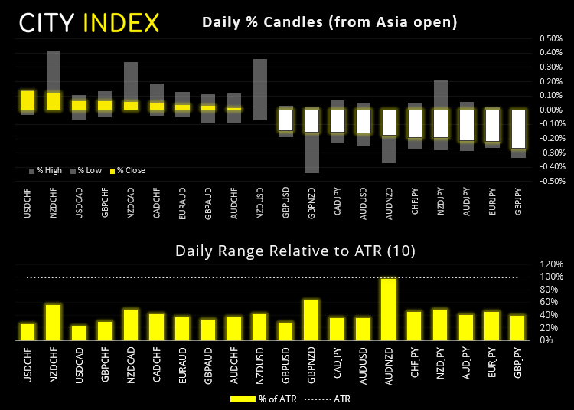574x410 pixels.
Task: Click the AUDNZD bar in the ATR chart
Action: tap(389, 309)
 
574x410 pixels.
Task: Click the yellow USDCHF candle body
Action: tap(27, 100)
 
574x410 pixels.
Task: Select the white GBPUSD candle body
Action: tap(285, 120)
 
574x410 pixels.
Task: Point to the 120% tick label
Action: tap(553, 264)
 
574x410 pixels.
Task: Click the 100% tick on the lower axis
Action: tap(553, 277)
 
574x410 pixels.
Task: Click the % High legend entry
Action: tap(50, 170)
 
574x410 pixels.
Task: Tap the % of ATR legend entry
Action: tap(261, 399)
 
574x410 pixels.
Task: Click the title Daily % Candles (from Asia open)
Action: tap(330, 22)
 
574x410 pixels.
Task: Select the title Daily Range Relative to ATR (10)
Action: tap(285, 250)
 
